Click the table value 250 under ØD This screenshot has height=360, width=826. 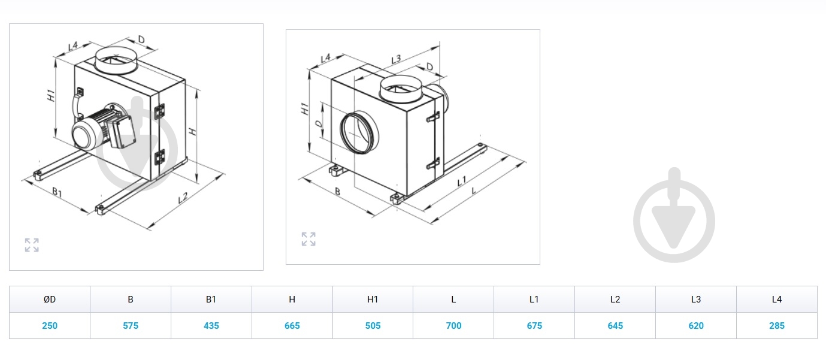click(x=49, y=326)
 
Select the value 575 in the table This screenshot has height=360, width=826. click(x=131, y=326)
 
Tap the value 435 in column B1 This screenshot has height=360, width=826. click(x=211, y=326)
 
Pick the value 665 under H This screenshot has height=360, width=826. click(x=292, y=326)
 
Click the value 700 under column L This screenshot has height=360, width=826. click(x=453, y=326)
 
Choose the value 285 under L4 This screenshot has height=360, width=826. click(x=777, y=326)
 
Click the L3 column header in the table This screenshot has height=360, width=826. click(x=696, y=299)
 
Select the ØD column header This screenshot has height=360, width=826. click(x=49, y=299)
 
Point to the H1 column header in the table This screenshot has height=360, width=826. click(x=373, y=299)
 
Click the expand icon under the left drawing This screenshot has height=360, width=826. click(x=32, y=245)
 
